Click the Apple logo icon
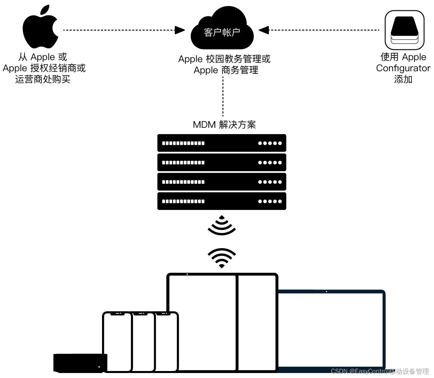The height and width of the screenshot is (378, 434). tap(40, 27)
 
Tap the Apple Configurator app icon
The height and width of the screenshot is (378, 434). tap(404, 30)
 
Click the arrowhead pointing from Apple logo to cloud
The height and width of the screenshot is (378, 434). tap(180, 30)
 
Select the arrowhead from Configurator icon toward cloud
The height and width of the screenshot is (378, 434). tap(264, 30)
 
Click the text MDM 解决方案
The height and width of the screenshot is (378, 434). tap(224, 125)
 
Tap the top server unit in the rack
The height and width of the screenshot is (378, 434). tap(222, 143)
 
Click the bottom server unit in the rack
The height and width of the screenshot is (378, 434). tap(222, 201)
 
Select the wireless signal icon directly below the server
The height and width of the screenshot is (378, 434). tap(222, 225)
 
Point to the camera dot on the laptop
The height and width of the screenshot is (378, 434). tap(326, 292)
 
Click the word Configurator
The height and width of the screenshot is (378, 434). tap(403, 68)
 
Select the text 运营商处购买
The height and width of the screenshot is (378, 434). tap(43, 79)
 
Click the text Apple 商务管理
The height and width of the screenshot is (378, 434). tap(226, 70)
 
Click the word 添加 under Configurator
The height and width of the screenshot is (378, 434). tap(403, 79)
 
